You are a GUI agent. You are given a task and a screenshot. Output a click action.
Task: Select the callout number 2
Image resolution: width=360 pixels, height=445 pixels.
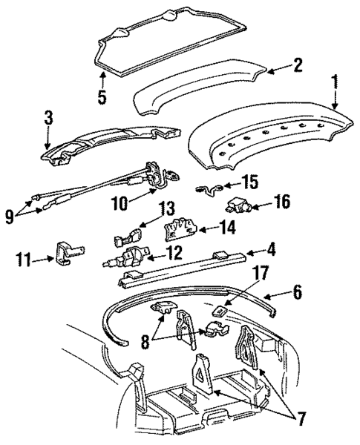[297, 67]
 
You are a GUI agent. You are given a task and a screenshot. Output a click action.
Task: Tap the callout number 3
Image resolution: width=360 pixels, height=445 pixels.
[48, 117]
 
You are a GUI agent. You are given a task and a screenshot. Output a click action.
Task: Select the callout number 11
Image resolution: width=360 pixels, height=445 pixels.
[24, 259]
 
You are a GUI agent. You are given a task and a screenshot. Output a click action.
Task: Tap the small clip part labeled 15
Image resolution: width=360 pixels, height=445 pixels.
[206, 189]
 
